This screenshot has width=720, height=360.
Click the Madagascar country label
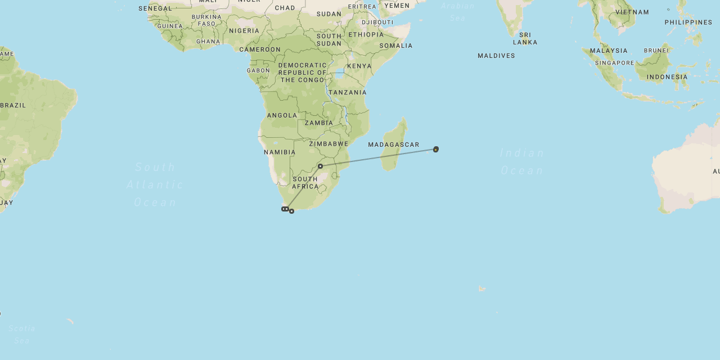394,145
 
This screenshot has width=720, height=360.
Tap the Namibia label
280,152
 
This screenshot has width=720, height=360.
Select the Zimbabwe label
328,143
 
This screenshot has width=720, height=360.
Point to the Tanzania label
348,92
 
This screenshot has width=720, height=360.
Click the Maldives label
496,56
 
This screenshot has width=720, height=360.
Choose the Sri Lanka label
525,38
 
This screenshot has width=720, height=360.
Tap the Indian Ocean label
522,161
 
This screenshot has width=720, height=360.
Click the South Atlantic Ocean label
155,184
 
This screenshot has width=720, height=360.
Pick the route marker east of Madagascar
436,149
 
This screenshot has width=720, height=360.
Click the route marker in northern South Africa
320,166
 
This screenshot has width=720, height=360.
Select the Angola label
282,115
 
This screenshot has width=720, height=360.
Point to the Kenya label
359,66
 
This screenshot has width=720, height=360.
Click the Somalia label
396,46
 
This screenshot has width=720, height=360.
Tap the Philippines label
688,22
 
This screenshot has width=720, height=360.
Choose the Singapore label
614,63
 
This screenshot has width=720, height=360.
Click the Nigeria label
244,31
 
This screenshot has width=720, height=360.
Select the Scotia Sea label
22,334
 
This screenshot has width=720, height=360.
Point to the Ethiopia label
366,34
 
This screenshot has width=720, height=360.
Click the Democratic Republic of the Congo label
303,73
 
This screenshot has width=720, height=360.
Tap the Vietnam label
632,12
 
